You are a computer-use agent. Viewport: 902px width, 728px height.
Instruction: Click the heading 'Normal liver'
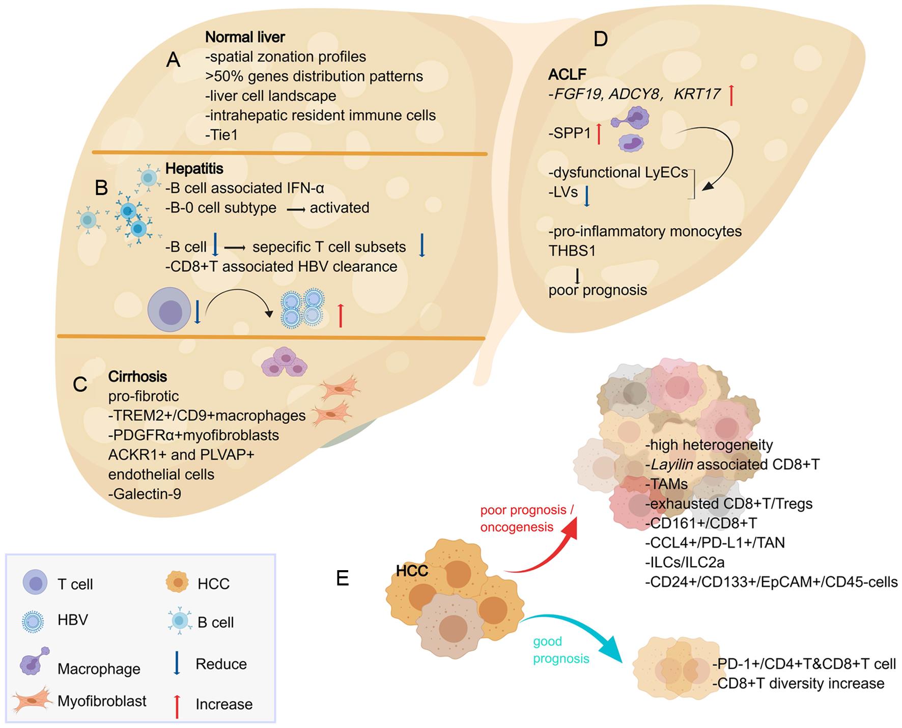coord(245,37)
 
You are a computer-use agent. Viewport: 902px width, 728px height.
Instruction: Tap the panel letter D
coord(601,39)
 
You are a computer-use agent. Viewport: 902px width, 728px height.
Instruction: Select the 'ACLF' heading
coord(567,74)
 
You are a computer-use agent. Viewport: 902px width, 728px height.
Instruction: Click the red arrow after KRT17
coord(731,95)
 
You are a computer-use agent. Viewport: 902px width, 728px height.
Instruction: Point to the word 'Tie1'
coord(222,135)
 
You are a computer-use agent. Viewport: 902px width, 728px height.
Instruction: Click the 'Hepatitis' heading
coord(194,169)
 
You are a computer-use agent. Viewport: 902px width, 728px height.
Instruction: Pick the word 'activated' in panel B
coord(340,208)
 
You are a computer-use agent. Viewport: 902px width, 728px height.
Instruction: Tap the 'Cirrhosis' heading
coord(137,377)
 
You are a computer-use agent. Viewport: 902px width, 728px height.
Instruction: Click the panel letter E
coord(343,578)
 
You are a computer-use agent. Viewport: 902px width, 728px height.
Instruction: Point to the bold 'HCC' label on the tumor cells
coord(412,571)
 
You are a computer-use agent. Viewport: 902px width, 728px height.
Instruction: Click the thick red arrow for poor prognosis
coord(545,550)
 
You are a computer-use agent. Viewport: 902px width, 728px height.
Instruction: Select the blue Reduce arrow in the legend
coord(177,664)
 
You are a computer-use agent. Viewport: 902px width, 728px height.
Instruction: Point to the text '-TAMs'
coord(666,484)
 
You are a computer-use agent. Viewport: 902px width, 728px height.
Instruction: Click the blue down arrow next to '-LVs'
coord(587,196)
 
